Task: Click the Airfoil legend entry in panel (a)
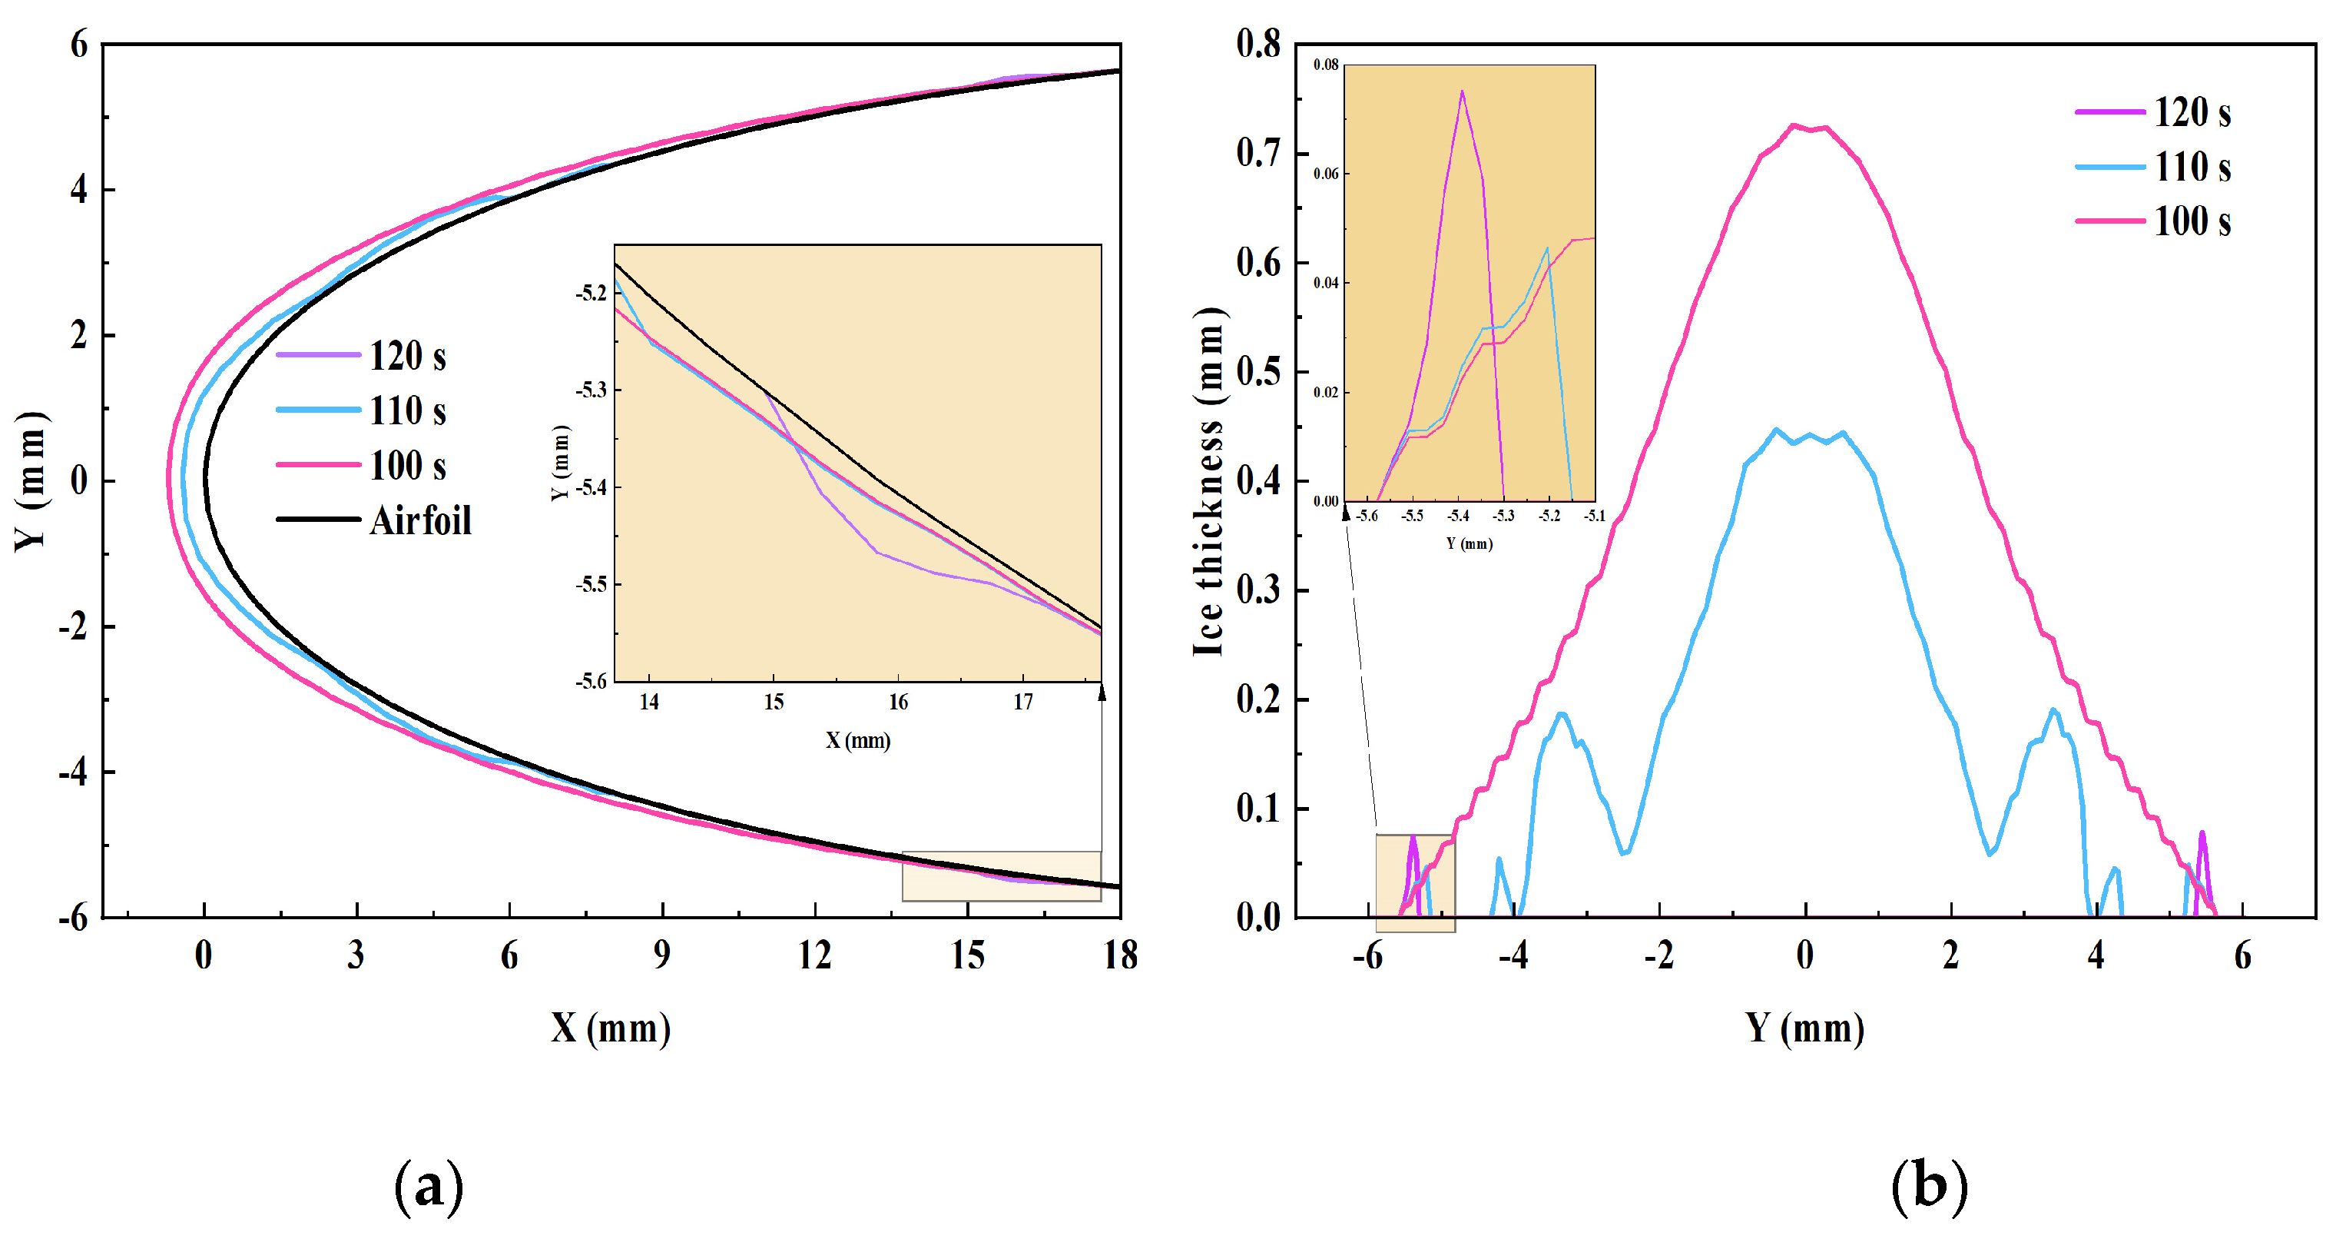pyautogui.click(x=420, y=520)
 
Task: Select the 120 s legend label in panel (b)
pyautogui.click(x=2191, y=112)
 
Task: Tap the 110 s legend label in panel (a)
pyautogui.click(x=407, y=411)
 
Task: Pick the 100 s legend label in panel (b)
pyautogui.click(x=2191, y=221)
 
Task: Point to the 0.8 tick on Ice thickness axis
pyautogui.click(x=1259, y=44)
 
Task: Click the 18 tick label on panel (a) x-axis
pyautogui.click(x=1121, y=955)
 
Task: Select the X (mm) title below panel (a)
pyautogui.click(x=610, y=1028)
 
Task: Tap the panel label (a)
pyautogui.click(x=429, y=1187)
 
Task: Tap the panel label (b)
pyautogui.click(x=1929, y=1187)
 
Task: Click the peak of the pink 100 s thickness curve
pyautogui.click(x=1793, y=126)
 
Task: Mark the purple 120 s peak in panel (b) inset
pyautogui.click(x=1462, y=91)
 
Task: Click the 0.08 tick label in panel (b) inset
pyautogui.click(x=1326, y=65)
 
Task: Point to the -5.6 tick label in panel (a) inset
pyautogui.click(x=591, y=681)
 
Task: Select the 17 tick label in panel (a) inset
pyautogui.click(x=1023, y=702)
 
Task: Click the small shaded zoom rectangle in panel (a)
pyautogui.click(x=1001, y=876)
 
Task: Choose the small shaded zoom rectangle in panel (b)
pyautogui.click(x=1415, y=882)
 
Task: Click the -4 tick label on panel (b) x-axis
pyautogui.click(x=1513, y=955)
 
